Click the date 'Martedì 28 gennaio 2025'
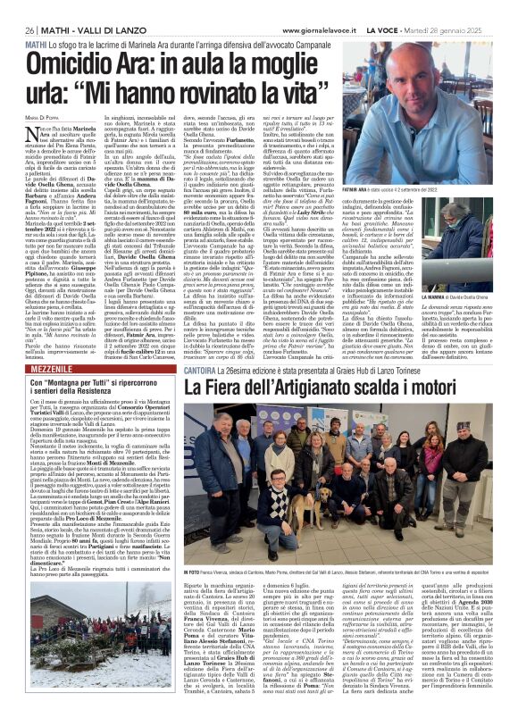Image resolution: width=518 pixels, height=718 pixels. pyautogui.click(x=469, y=11)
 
